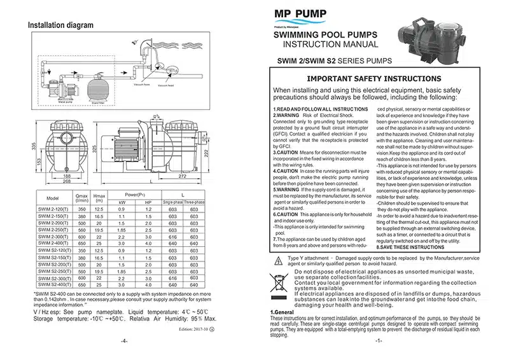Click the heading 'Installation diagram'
coord(61,25)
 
